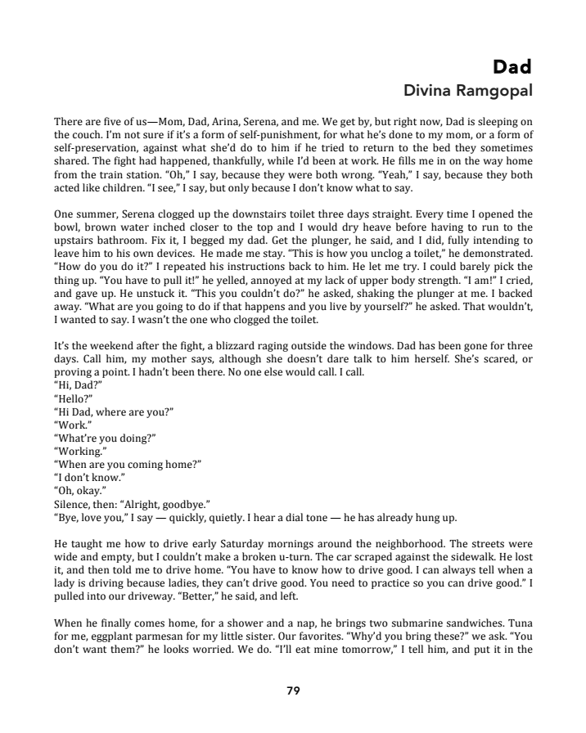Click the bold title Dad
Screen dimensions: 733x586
click(513, 65)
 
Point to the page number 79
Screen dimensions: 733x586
click(293, 690)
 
